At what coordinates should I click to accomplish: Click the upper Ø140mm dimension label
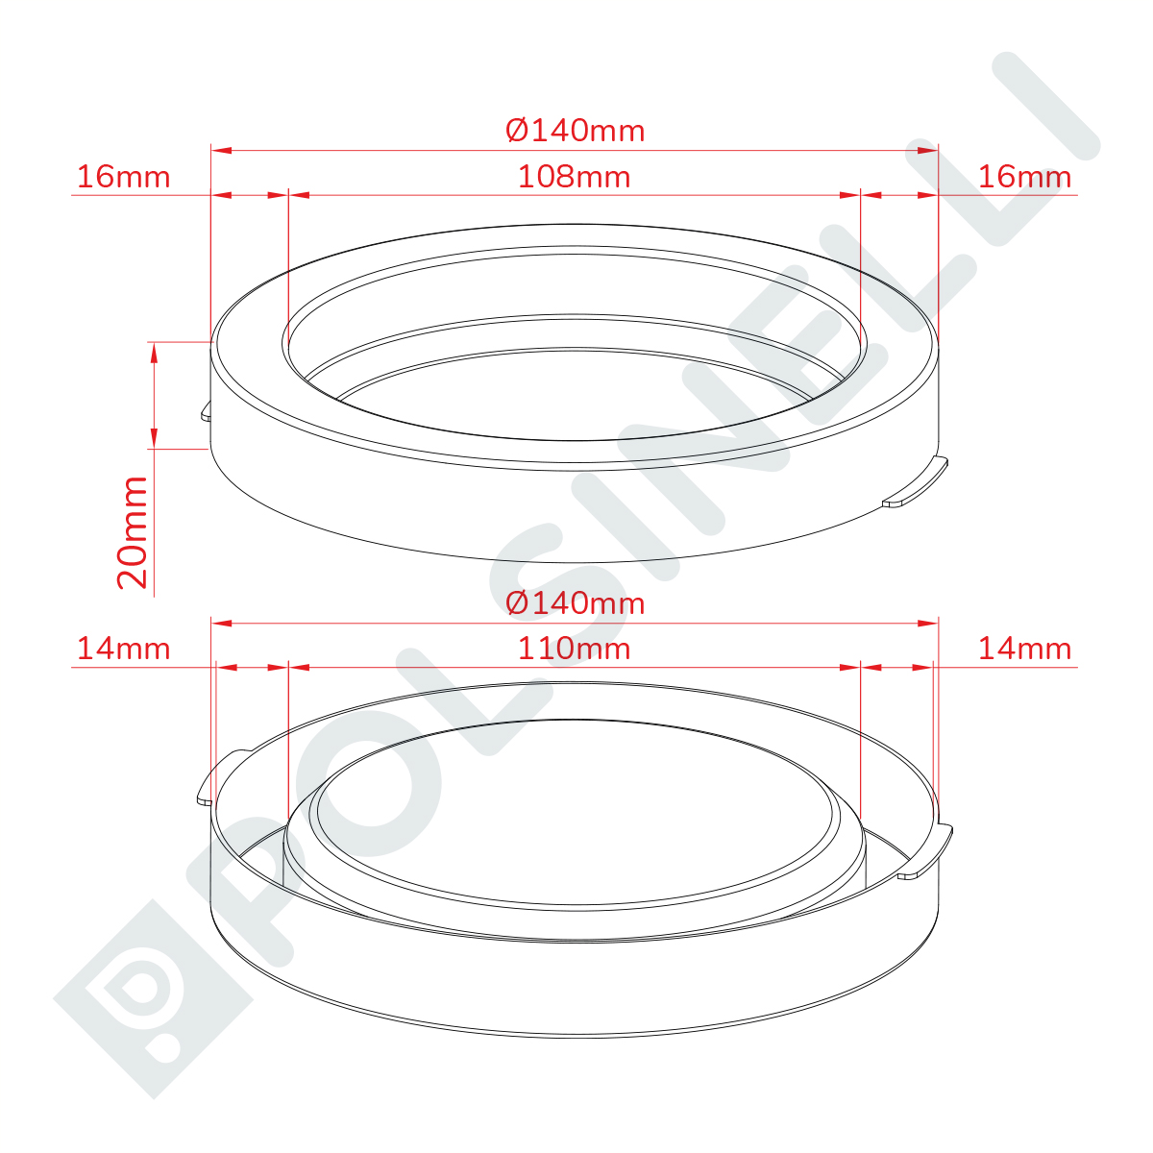pyautogui.click(x=575, y=131)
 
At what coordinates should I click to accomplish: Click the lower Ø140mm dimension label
pyautogui.click(x=575, y=603)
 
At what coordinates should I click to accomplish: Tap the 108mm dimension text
pyautogui.click(x=575, y=177)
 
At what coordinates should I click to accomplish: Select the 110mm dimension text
pyautogui.click(x=575, y=649)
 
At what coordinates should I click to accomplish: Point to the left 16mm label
pyautogui.click(x=124, y=177)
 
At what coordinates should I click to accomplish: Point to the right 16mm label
pyautogui.click(x=1024, y=177)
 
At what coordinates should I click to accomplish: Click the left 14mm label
pyautogui.click(x=124, y=649)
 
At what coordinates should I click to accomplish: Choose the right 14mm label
pyautogui.click(x=1024, y=649)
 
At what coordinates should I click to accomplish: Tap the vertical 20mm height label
pyautogui.click(x=133, y=532)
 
